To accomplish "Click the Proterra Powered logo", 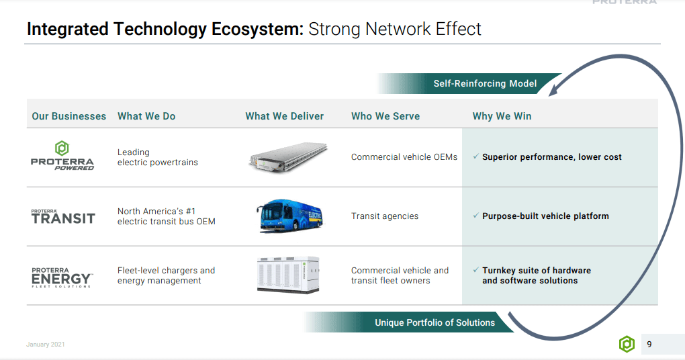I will pyautogui.click(x=62, y=156).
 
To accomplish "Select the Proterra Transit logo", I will pyautogui.click(x=63, y=216).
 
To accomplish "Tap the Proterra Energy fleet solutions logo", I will pyautogui.click(x=62, y=276).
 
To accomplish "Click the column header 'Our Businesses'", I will pyautogui.click(x=68, y=116).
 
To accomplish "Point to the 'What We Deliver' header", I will pyautogui.click(x=284, y=116).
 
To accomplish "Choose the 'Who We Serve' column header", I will pyautogui.click(x=385, y=116).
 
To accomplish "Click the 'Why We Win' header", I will pyautogui.click(x=502, y=116).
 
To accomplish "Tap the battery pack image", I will pyautogui.click(x=288, y=156).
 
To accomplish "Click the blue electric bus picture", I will pyautogui.click(x=289, y=216).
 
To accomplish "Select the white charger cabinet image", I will pyautogui.click(x=288, y=275).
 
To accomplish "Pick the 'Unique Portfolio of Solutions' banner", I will pyautogui.click(x=435, y=322).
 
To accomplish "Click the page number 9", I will pyautogui.click(x=649, y=345).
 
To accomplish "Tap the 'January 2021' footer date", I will pyautogui.click(x=46, y=345).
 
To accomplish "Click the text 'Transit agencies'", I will pyautogui.click(x=384, y=216).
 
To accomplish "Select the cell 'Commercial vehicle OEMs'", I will pyautogui.click(x=404, y=157).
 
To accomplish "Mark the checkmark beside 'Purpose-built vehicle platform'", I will pyautogui.click(x=475, y=216).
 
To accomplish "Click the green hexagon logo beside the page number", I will pyautogui.click(x=627, y=345).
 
